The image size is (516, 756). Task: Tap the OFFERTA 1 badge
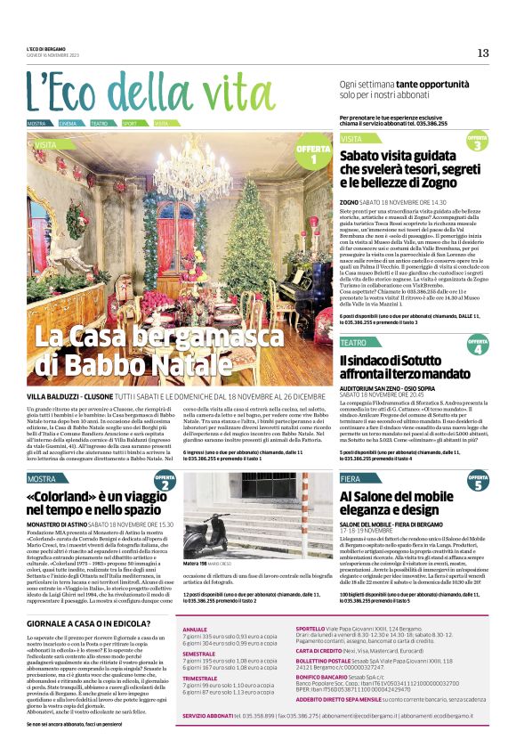click(x=313, y=154)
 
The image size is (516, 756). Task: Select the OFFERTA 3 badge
click(x=477, y=142)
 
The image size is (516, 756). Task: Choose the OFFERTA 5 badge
click(x=477, y=483)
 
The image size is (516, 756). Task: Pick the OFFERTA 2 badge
click(x=165, y=484)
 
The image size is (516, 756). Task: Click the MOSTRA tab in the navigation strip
click(x=37, y=123)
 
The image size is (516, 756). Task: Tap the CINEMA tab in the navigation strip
click(x=69, y=123)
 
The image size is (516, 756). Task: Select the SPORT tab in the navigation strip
click(x=131, y=123)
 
